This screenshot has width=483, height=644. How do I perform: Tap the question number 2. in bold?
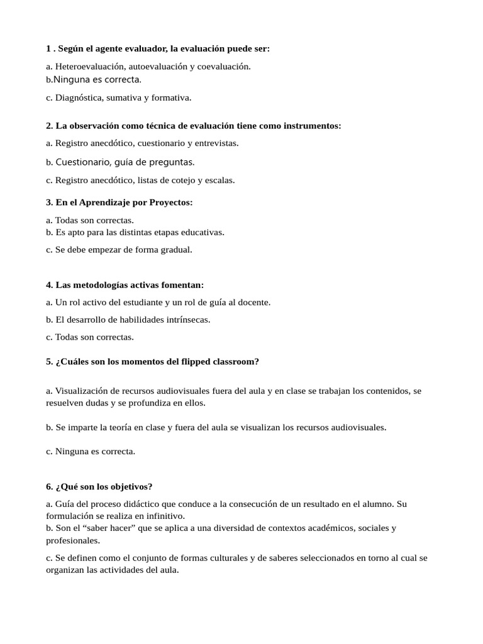tap(50, 126)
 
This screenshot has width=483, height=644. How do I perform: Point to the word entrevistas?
tap(215, 143)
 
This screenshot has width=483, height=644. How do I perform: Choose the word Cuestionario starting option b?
tap(83, 162)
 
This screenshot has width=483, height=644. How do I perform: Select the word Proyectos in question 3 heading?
tap(170, 202)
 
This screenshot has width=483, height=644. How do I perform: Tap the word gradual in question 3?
tap(177, 249)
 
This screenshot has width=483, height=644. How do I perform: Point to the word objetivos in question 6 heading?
tap(130, 486)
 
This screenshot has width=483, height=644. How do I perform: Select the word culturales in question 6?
tap(244, 558)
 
